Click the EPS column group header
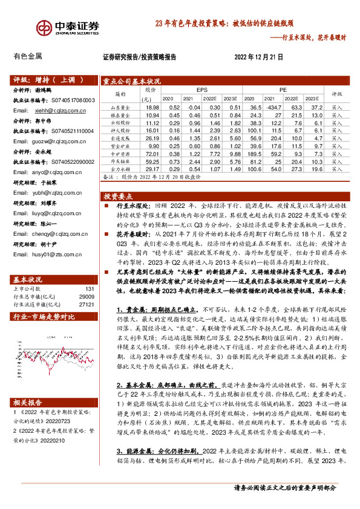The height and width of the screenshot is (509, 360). [x=201, y=89]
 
